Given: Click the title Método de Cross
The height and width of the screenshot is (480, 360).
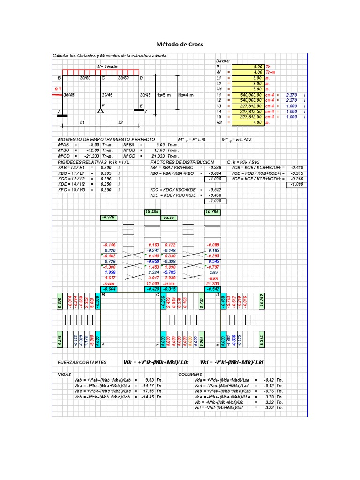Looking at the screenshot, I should coord(180,45).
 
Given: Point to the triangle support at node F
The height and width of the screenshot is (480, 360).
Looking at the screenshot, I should coord(101,110).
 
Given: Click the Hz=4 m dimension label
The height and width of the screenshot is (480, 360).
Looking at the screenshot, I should coord(185,95).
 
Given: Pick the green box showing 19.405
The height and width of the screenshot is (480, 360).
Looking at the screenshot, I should coord(152,212).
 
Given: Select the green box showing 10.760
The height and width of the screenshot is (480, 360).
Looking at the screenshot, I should coord(212,212).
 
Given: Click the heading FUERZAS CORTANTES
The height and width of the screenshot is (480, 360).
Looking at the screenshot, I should coord(82,362).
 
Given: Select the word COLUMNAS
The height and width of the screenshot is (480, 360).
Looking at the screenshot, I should coord(190,375).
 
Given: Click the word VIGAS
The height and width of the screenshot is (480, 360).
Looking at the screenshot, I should coord(64,375).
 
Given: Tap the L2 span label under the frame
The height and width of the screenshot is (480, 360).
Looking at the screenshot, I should coord(120,122).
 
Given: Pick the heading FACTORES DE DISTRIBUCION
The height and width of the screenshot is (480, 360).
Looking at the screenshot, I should coord(182,161).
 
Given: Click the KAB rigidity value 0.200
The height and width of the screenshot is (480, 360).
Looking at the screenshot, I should coord(106,167).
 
